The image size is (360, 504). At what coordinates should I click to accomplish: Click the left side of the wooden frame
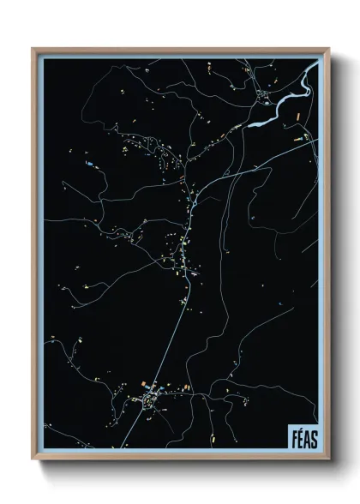pos(34,257)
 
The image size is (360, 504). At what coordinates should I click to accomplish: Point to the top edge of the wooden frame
pos(180,48)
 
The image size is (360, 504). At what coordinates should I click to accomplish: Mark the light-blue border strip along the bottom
pos(171,453)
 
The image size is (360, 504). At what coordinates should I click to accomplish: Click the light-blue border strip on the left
pos(39,257)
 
